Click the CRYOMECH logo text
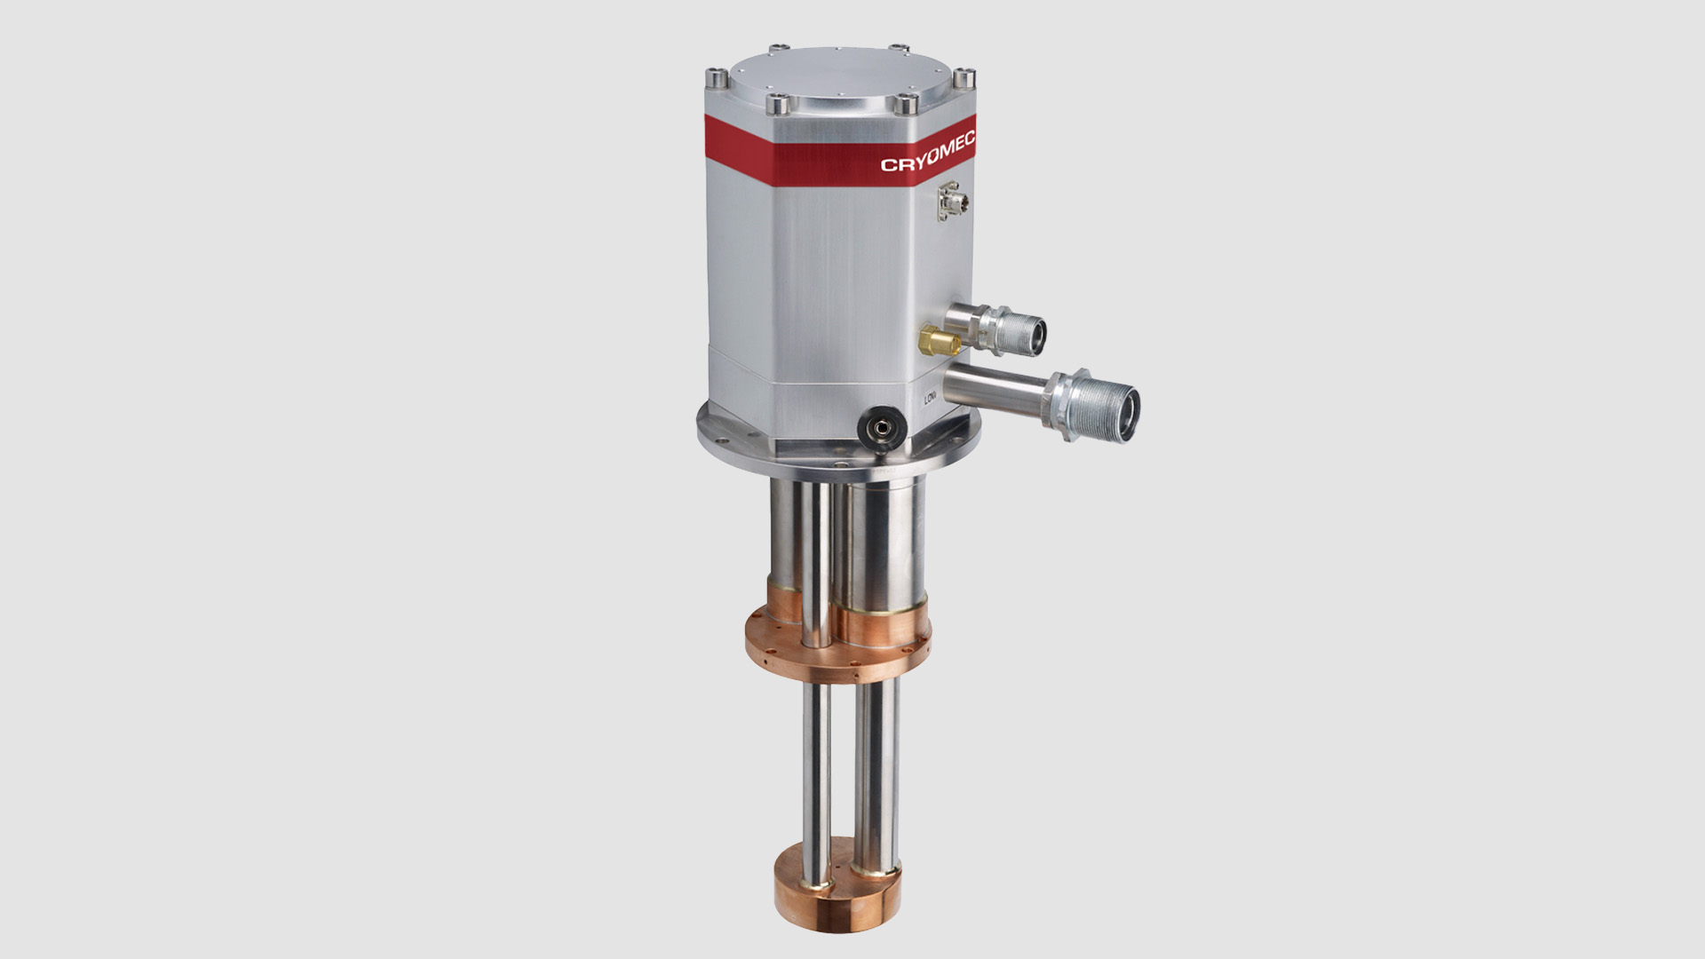(x=927, y=153)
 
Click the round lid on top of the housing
(x=839, y=78)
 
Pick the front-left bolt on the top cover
(x=780, y=106)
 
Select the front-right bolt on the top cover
(x=906, y=105)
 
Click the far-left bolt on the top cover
(x=717, y=76)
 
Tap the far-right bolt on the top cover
(x=965, y=78)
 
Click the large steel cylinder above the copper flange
(x=888, y=542)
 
